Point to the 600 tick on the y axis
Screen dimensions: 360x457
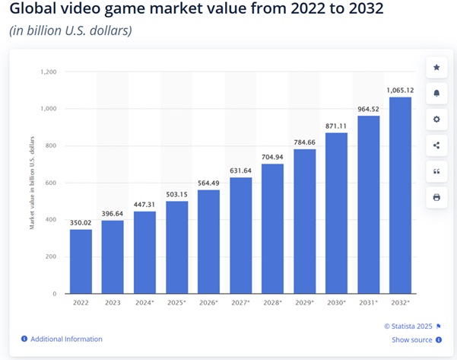(x=50, y=183)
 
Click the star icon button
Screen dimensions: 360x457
(x=436, y=68)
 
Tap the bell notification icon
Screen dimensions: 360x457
(x=436, y=94)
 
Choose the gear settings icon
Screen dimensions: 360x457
(x=436, y=119)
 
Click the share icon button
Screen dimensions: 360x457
(x=436, y=145)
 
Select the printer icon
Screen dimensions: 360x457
(x=436, y=197)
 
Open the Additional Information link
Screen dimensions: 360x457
(x=67, y=339)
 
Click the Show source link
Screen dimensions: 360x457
(x=411, y=339)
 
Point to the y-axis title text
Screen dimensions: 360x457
(x=32, y=183)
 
